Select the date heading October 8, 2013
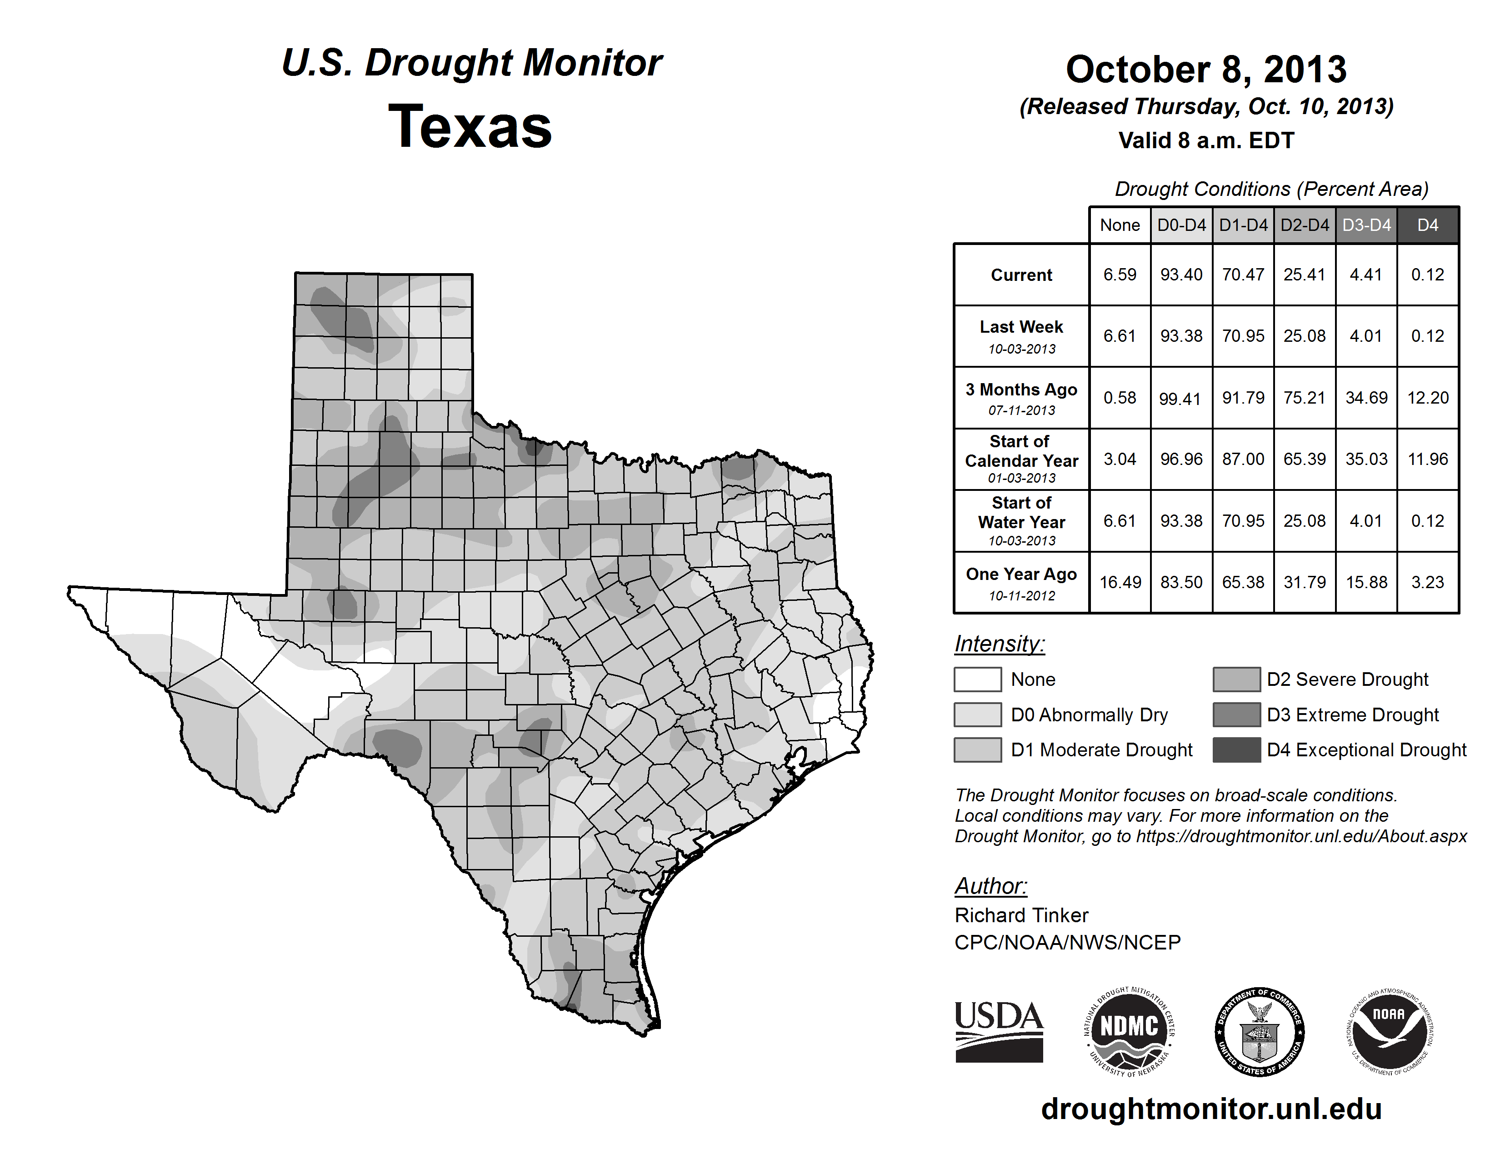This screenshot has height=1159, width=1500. pos(1205,70)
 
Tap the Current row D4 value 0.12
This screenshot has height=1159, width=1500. pos(1427,275)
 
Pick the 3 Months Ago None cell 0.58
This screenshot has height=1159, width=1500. pos(1120,398)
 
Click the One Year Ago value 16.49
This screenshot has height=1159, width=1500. pos(1120,582)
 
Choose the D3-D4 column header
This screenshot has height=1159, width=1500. pos(1366,225)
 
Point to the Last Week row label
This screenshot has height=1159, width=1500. pos(1021,336)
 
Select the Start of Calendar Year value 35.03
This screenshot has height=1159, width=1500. pos(1366,459)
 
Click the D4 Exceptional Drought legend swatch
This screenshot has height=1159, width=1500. pos(1236,750)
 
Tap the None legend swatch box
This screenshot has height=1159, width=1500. pos(977,679)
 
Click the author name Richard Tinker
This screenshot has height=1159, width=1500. pos(1021,915)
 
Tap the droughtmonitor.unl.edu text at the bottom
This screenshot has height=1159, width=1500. pos(1211,1109)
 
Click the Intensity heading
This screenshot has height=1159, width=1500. pos(999,644)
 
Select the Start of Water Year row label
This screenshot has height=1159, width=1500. pos(1021,520)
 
